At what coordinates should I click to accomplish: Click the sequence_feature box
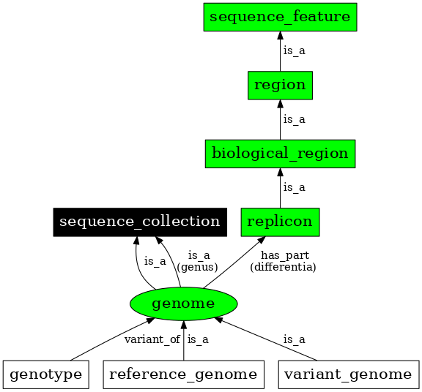coord(280,16)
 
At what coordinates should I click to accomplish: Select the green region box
coord(280,85)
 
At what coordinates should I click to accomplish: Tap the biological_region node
coord(280,154)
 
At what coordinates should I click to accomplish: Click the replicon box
coord(280,222)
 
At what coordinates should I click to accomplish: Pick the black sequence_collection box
coord(139,222)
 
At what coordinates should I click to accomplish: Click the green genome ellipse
coord(183,303)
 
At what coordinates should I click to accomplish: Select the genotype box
coord(45,374)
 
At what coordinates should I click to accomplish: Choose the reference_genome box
coord(183,374)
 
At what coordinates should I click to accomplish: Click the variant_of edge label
coord(152,339)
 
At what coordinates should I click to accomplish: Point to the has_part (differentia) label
coord(283,261)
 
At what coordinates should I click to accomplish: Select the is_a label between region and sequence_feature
coord(295,51)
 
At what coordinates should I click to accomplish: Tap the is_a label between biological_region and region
coord(295,119)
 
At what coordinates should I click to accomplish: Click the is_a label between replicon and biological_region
coord(295,188)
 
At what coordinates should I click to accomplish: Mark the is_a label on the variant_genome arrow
coord(295,339)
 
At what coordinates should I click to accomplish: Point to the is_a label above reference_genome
coord(198,339)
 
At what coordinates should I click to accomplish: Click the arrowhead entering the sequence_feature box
coord(280,35)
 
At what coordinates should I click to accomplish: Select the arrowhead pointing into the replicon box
coord(262,241)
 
